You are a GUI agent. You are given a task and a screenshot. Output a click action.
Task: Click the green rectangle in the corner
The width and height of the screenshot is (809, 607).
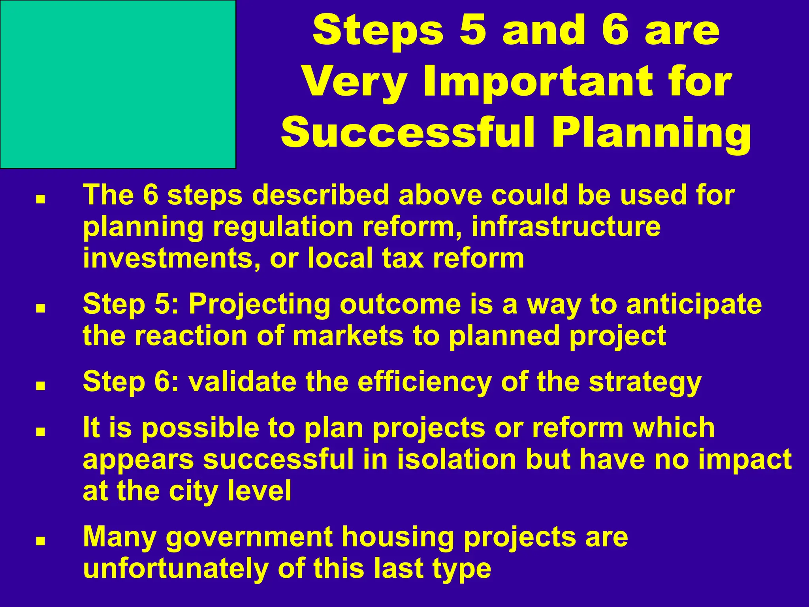(118, 84)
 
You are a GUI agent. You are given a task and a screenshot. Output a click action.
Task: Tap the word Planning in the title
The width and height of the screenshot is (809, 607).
(651, 133)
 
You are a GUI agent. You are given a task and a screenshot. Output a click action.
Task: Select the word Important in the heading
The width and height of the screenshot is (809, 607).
(538, 82)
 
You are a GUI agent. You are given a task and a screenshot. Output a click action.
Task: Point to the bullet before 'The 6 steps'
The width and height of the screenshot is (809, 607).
(40, 200)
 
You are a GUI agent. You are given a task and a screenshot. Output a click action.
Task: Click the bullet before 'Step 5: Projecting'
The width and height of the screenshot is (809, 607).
(40, 309)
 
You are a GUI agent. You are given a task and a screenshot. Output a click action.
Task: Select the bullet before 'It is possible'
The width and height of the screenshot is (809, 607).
(40, 432)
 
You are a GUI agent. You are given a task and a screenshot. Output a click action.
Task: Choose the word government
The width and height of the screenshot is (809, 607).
(249, 538)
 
